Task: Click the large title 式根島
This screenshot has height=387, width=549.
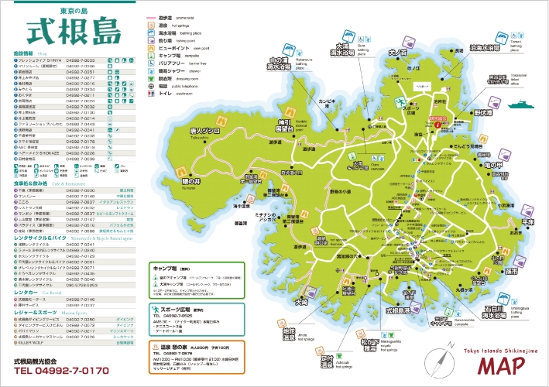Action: click(74, 33)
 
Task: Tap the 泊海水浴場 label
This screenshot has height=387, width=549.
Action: click(490, 47)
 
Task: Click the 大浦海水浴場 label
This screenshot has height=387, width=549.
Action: click(341, 50)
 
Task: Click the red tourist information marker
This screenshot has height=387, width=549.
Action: click(438, 122)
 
